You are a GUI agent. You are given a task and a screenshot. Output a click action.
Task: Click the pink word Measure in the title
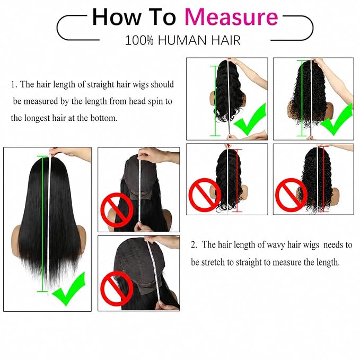tap(231, 17)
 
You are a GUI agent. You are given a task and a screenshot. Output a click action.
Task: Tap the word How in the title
tap(117, 17)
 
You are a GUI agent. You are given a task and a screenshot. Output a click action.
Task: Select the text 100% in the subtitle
tap(139, 40)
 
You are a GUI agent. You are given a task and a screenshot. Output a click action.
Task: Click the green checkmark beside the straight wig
tap(69, 288)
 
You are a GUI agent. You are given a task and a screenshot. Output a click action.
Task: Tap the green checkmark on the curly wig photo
tap(337, 119)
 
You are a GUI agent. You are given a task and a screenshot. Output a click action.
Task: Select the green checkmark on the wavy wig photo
tap(250, 119)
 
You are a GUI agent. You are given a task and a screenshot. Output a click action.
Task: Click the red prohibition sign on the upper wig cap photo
tap(117, 210)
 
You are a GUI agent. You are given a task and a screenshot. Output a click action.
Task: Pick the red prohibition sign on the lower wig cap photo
tap(117, 288)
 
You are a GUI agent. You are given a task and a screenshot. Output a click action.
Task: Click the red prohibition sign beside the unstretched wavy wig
tap(205, 195)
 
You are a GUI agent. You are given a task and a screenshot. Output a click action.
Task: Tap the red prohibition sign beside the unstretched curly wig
tap(291, 195)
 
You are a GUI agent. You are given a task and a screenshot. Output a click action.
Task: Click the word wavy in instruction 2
tap(276, 245)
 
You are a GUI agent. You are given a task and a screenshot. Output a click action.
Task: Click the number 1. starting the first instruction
tap(14, 84)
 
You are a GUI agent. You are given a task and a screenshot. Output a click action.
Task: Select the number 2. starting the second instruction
tap(194, 245)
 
